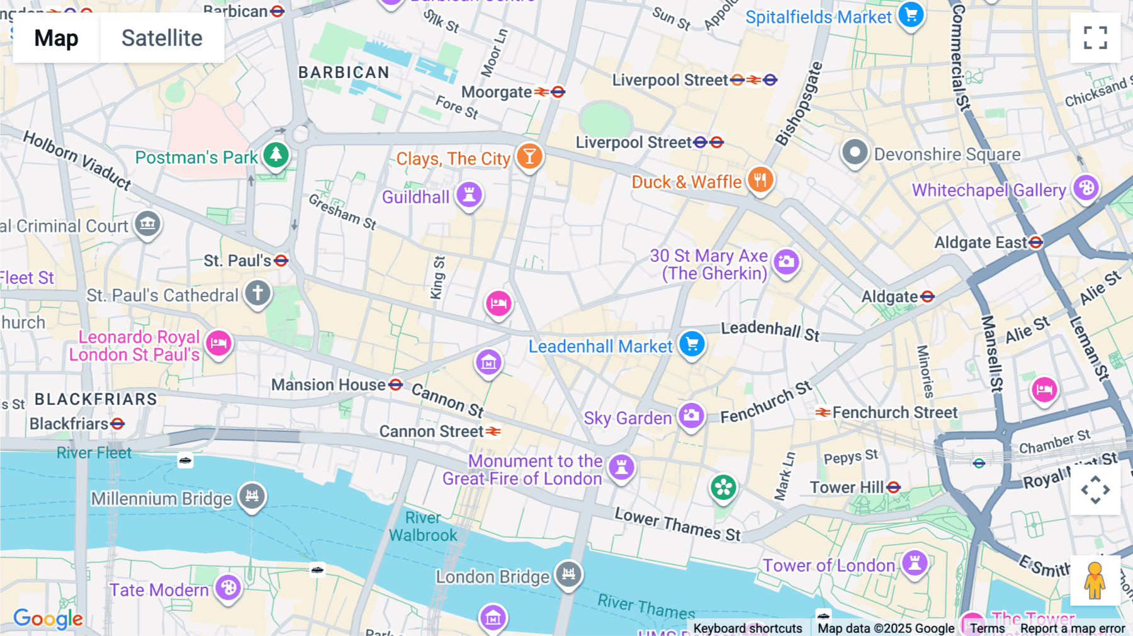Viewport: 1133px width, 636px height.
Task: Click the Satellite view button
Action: point(162,38)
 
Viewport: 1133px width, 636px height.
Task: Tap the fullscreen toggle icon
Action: point(1095,38)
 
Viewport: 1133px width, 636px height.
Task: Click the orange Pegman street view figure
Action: point(1095,581)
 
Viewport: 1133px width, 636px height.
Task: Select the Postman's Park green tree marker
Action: point(276,155)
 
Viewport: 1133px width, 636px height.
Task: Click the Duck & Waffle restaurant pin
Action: point(760,181)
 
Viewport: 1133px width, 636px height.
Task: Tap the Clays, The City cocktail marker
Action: point(529,157)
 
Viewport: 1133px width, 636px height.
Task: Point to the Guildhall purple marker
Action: point(469,195)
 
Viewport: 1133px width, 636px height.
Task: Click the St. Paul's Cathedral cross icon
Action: point(257,293)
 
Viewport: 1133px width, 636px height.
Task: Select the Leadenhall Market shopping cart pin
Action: point(692,344)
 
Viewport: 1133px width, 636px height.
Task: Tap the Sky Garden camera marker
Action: point(691,416)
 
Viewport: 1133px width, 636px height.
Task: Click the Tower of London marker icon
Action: point(915,563)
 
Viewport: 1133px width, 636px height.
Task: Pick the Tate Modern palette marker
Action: point(228,588)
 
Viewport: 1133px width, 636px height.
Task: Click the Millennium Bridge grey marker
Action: point(252,497)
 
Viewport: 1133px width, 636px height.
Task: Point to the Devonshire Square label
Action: point(947,154)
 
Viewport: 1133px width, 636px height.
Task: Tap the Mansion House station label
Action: point(328,385)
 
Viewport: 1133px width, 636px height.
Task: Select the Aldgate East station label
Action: point(980,242)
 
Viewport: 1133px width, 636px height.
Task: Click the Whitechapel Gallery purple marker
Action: point(1086,188)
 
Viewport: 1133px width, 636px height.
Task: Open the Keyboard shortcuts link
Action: point(747,628)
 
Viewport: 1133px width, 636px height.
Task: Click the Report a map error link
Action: point(1072,628)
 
